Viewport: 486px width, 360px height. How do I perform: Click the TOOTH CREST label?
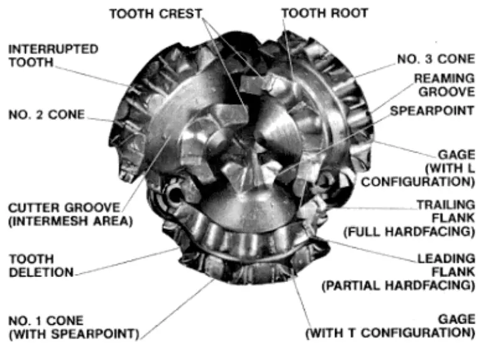pos(156,13)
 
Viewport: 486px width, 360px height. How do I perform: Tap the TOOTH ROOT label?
pos(324,13)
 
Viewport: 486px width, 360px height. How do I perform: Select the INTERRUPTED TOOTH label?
pos(53,55)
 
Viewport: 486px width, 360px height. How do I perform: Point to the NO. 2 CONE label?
pos(47,115)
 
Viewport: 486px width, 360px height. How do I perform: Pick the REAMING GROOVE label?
pos(443,85)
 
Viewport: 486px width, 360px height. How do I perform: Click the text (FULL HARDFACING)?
pos(408,232)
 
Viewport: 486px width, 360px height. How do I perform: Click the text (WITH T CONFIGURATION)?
pos(390,333)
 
